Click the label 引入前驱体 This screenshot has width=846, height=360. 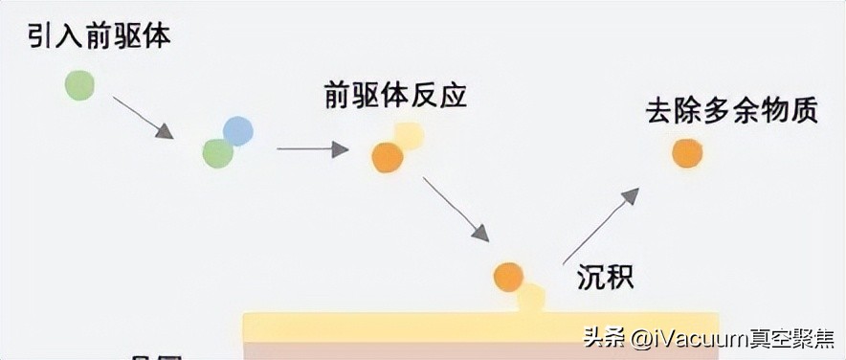(92, 38)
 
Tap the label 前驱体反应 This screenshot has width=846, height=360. (396, 96)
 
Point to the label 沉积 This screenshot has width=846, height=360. (605, 277)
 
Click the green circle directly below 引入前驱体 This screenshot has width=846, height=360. (79, 85)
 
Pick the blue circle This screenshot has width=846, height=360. (237, 130)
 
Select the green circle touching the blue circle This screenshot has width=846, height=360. (218, 152)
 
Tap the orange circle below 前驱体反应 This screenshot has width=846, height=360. (387, 157)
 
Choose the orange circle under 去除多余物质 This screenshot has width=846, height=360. (687, 152)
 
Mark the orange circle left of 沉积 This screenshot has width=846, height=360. (508, 277)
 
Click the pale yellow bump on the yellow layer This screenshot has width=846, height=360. (531, 300)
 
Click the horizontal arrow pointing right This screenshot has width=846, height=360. (312, 149)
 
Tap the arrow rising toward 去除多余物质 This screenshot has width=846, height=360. (600, 226)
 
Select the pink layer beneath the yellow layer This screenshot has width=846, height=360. (383, 351)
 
